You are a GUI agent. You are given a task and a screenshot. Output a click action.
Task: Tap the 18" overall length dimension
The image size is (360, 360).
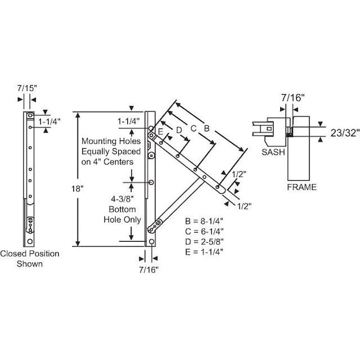click(77, 188)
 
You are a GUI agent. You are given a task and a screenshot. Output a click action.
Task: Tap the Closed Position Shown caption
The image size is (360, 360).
click(29, 259)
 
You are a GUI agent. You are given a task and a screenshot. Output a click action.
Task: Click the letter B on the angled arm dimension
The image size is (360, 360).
click(207, 128)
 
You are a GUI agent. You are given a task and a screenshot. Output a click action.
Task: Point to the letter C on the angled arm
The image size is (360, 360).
click(193, 128)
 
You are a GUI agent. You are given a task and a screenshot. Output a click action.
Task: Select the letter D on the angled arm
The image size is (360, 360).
click(178, 129)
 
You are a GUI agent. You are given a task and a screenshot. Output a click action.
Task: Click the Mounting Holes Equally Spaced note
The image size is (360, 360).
click(108, 151)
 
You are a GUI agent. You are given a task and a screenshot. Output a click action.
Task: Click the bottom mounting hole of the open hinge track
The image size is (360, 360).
click(152, 242)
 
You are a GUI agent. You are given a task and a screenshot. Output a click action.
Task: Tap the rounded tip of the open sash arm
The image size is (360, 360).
click(224, 188)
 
